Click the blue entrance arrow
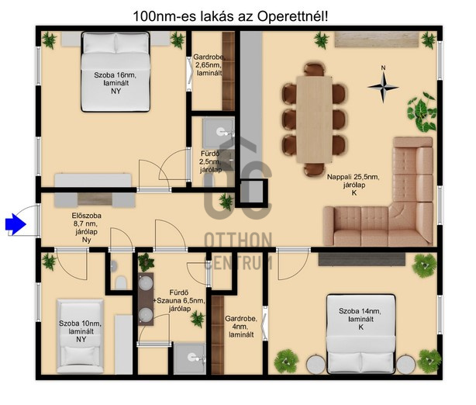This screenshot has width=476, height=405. click(x=16, y=224)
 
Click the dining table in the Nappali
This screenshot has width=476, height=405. click(x=314, y=119)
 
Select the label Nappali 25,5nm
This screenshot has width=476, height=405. click(x=353, y=177)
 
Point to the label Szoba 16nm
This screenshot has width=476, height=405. click(x=115, y=75)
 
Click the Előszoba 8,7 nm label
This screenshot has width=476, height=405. click(x=87, y=220)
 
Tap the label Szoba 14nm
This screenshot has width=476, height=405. click(x=360, y=311)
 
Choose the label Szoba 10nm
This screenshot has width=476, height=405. click(x=81, y=324)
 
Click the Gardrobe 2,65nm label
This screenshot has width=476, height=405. click(x=209, y=61)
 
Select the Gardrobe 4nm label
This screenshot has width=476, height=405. click(x=241, y=323)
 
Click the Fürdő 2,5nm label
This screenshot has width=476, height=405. click(x=210, y=157)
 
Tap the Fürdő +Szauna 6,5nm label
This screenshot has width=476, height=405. click(x=180, y=297)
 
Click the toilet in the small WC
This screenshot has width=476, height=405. click(x=121, y=282)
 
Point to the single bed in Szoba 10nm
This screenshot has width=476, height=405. click(x=81, y=336)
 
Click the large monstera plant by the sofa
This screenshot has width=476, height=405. click(x=422, y=112)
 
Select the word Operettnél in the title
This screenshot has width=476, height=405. click(x=292, y=16)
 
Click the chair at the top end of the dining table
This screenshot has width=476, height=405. click(x=314, y=69)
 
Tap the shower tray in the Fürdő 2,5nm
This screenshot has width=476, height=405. click(x=219, y=133)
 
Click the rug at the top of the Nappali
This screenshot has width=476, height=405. click(x=377, y=40)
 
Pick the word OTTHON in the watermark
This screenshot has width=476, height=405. click(x=238, y=240)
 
